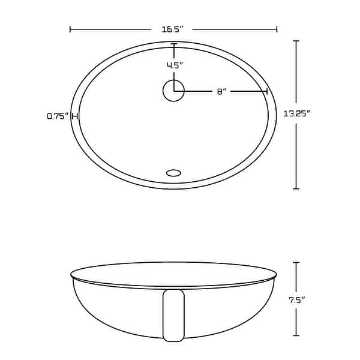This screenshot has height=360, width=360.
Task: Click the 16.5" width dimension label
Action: coord(172,29)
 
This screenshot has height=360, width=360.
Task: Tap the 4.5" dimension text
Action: coord(175,65)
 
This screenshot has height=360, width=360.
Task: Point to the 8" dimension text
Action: coord(221,91)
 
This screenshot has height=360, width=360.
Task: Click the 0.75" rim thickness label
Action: coord(58,116)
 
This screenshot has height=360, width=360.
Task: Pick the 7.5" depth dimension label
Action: coord(296,299)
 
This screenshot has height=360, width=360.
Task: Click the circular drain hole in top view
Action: coord(173,91)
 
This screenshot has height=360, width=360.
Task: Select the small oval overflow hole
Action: coord(173,173)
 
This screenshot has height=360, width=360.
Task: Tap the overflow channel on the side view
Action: coord(173,315)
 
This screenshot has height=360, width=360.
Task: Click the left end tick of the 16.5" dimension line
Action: coord(71,29)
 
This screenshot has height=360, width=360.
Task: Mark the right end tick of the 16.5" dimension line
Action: coord(277,29)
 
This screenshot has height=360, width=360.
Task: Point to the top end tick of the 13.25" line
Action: coord(296,41)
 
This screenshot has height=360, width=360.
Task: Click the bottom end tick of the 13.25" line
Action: coord(296,188)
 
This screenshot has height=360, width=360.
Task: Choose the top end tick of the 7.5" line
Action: coord(296,262)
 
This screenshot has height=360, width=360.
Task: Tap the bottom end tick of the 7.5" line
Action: coord(296,335)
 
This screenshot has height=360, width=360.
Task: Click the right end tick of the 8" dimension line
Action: coord(267,91)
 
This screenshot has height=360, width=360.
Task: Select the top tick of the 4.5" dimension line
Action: coord(174,44)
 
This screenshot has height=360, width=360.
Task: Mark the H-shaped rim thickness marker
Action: coord(75,116)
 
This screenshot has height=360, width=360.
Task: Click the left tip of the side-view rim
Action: coord(71,275)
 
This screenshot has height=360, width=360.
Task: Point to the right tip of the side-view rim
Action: coord(276,275)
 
